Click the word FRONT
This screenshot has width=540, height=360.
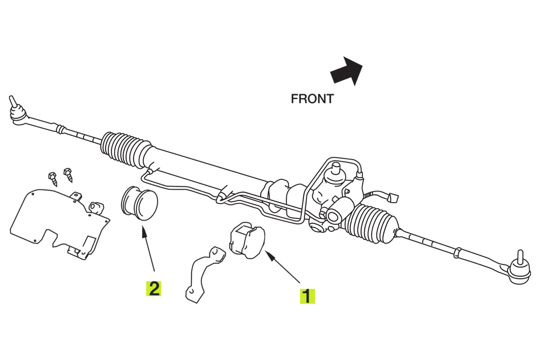[x=312, y=99]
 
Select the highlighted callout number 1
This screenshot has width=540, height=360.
[x=307, y=296]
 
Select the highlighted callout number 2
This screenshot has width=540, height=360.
[x=153, y=288]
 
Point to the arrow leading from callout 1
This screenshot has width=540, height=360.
[x=282, y=267]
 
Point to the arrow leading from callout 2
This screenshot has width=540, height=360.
[x=148, y=248]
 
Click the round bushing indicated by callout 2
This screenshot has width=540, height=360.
[x=139, y=203]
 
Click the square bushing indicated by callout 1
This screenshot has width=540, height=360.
[x=247, y=240]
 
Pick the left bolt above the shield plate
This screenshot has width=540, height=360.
[x=53, y=179]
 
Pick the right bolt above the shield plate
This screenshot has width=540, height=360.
[x=68, y=175]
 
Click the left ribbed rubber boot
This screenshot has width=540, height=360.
[x=126, y=150]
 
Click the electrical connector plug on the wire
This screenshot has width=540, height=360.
[x=393, y=198]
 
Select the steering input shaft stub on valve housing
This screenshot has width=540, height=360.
[x=336, y=169]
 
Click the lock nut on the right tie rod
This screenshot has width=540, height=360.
[x=457, y=253]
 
